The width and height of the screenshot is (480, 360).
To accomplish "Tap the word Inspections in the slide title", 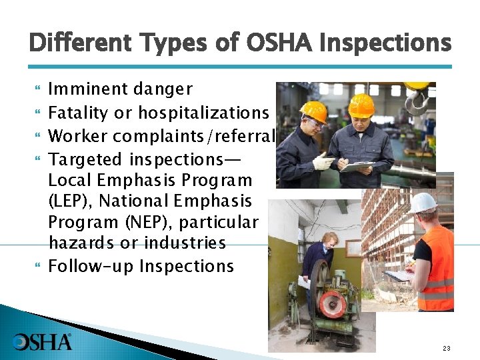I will [385, 43].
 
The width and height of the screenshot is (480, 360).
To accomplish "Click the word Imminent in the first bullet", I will [89, 89].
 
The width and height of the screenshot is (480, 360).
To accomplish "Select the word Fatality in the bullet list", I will [75, 113].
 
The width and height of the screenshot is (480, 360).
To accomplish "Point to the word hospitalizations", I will [203, 113].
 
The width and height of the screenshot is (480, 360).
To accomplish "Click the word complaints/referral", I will [194, 137].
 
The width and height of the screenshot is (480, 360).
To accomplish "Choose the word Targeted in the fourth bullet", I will [85, 160].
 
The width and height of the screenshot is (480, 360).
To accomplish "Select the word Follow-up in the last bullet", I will [91, 267].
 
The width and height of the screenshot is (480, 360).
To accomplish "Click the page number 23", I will [446, 349].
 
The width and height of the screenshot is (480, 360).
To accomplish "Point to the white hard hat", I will [423, 202].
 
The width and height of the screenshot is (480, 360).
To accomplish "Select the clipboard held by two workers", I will [357, 166].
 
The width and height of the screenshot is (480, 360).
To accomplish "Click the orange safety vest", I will [438, 267].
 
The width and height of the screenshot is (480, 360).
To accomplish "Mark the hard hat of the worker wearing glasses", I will [313, 111].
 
